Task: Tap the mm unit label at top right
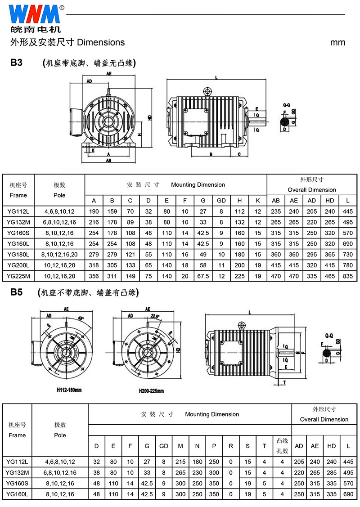pyautogui.click(x=337, y=43)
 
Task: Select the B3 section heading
pyautogui.click(x=17, y=63)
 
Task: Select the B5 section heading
pyautogui.click(x=17, y=293)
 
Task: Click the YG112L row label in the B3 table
pyautogui.click(x=18, y=211)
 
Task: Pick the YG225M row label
pyautogui.click(x=18, y=276)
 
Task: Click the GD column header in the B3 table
pyautogui.click(x=221, y=201)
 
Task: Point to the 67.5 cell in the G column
pyautogui.click(x=203, y=276)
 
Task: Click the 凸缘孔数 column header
pyautogui.click(x=282, y=446)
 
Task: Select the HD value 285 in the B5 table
pyautogui.click(x=332, y=473)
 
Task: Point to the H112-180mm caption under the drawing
pyautogui.click(x=69, y=390)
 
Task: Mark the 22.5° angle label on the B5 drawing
pyautogui.click(x=156, y=316)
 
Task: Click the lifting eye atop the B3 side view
pyautogui.click(x=207, y=91)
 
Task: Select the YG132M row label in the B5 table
pyautogui.click(x=18, y=473)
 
